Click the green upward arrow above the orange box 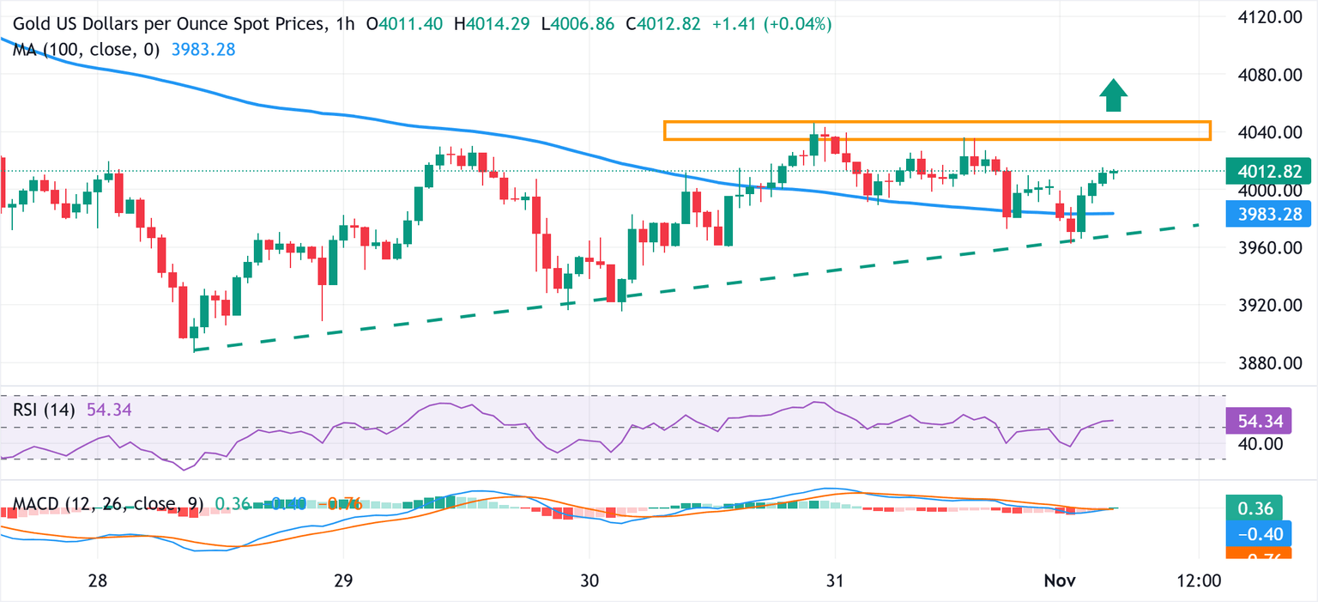[1113, 95]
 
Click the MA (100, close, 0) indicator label [87, 50]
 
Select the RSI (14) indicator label [46, 410]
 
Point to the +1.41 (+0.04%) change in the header [772, 25]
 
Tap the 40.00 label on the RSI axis [1255, 444]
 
